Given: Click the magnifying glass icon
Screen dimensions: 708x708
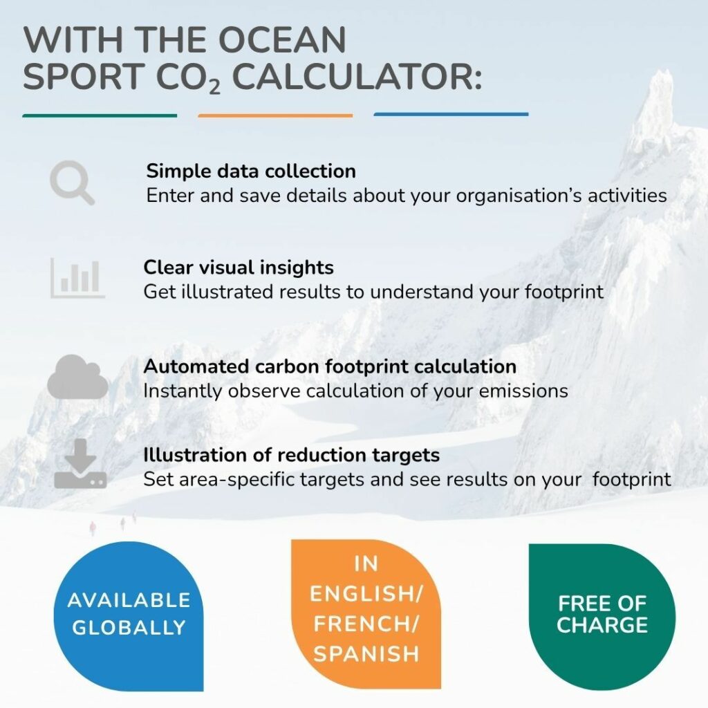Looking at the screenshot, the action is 71,183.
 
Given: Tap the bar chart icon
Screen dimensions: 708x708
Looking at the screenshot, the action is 77,278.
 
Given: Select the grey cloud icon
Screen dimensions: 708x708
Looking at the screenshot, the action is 77,377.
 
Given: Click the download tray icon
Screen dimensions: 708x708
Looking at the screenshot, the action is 80,464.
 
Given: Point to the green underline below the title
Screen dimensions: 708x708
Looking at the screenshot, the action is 100,115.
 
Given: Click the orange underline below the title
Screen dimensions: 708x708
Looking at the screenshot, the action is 275,115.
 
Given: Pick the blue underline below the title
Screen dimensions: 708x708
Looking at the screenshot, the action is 451,115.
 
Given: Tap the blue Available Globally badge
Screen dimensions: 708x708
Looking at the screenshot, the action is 129,616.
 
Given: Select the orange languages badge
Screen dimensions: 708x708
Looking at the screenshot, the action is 366,614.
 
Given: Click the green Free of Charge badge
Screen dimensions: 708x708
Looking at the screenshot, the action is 602,617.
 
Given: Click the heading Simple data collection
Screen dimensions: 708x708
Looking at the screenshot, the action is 251,171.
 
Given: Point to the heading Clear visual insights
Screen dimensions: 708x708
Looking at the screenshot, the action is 239,268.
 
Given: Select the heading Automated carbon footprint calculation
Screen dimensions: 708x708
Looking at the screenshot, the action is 330,366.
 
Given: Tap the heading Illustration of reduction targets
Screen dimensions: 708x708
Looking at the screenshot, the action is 292,455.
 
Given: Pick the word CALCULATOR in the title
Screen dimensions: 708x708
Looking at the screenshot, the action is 357,76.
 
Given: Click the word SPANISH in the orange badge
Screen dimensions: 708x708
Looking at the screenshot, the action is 366,654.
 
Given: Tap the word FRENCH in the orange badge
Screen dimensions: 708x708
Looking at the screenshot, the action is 366,624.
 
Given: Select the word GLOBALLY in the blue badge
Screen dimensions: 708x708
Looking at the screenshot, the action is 129,628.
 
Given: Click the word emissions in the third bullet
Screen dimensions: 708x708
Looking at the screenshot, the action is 523,391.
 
